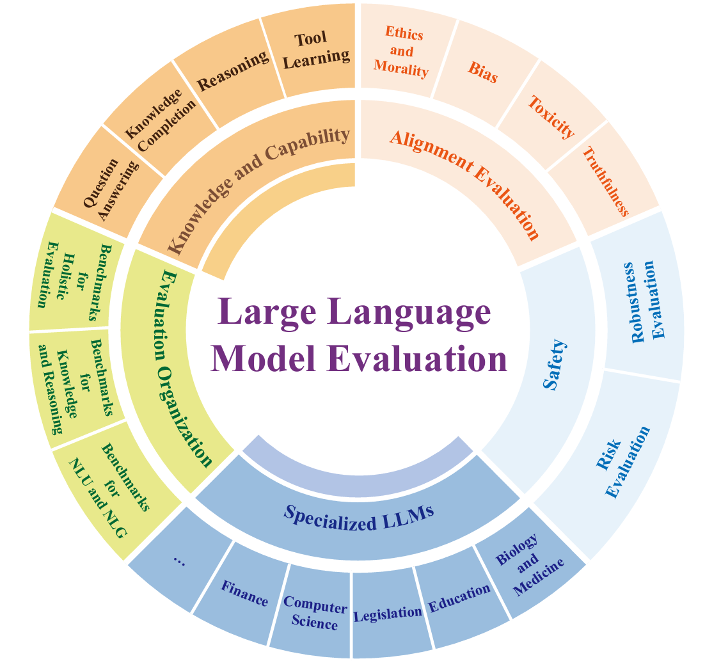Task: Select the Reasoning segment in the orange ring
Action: [232, 72]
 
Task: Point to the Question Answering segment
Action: [111, 189]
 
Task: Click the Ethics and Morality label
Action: [401, 52]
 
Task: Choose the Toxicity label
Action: [551, 117]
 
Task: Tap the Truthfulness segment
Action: [605, 180]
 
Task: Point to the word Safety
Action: [555, 365]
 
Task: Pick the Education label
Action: [459, 598]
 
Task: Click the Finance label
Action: [244, 593]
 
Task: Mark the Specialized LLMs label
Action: [359, 517]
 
